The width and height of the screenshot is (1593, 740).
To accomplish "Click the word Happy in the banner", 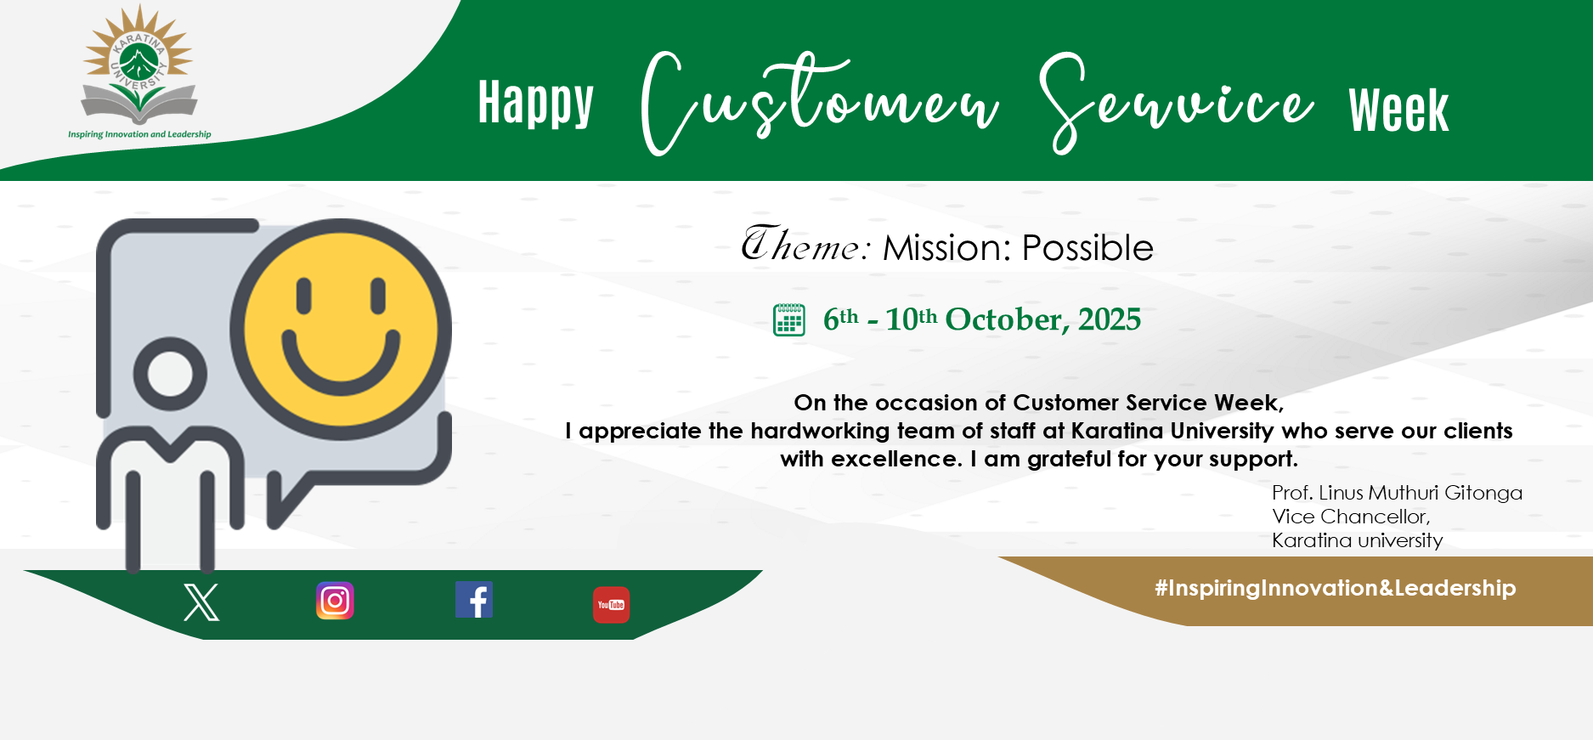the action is click(535, 104).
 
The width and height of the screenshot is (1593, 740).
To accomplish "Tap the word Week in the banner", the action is click(1398, 110).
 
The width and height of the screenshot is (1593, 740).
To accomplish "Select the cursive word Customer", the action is click(820, 103).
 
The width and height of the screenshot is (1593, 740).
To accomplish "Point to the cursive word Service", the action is click(1177, 103).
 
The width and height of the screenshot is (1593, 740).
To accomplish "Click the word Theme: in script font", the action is click(806, 245).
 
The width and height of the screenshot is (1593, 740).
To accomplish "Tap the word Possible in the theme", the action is click(1087, 248).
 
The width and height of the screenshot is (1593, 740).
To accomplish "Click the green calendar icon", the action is click(789, 319).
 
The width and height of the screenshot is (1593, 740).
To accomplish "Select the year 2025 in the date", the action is click(1110, 319).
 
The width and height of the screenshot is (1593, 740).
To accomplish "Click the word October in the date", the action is click(1005, 319).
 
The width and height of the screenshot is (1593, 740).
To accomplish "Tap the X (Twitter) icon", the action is click(201, 602).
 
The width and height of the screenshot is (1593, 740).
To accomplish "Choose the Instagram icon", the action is click(335, 601).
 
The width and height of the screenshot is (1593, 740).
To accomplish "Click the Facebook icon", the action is click(474, 600).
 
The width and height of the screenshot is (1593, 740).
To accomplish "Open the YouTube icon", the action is click(611, 605).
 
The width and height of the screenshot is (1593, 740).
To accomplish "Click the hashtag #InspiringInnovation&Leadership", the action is click(1335, 588).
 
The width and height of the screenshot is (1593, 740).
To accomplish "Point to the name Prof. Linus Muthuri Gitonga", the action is click(1397, 493).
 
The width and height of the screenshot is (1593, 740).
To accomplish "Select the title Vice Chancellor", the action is click(1351, 517).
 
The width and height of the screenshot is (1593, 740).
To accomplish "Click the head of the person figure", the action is click(176, 374).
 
